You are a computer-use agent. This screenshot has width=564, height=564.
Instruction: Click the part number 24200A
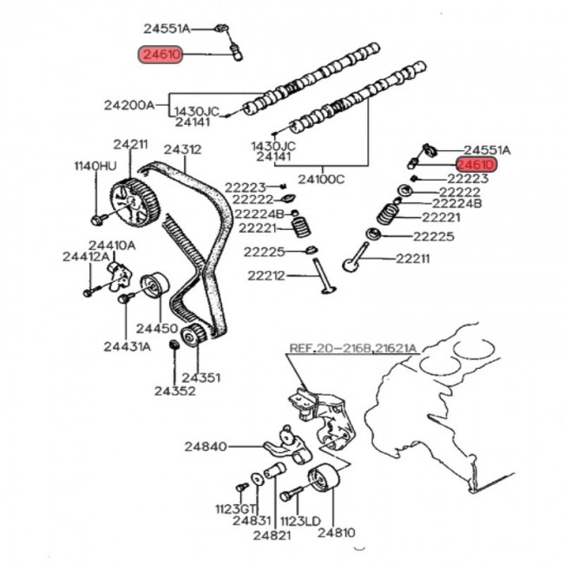(x=129, y=105)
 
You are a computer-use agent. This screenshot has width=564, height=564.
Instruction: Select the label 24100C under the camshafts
(x=321, y=180)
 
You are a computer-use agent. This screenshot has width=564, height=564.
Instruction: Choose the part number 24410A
(x=113, y=246)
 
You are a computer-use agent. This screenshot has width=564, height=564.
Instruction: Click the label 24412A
(x=86, y=256)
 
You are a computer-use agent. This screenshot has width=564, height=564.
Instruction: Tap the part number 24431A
(x=127, y=346)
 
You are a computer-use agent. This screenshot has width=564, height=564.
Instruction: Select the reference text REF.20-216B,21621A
(x=353, y=348)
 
